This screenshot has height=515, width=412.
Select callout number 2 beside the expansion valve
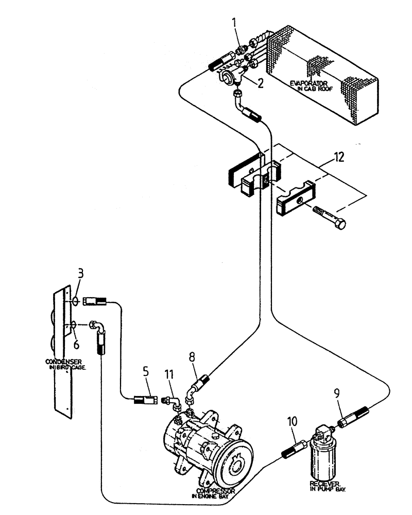point(261,82)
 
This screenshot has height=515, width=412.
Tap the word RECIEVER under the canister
point(324,484)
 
